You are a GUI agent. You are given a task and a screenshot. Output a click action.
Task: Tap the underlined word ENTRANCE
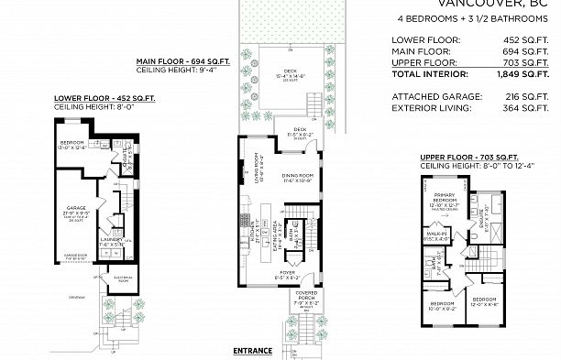pos(253,350)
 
